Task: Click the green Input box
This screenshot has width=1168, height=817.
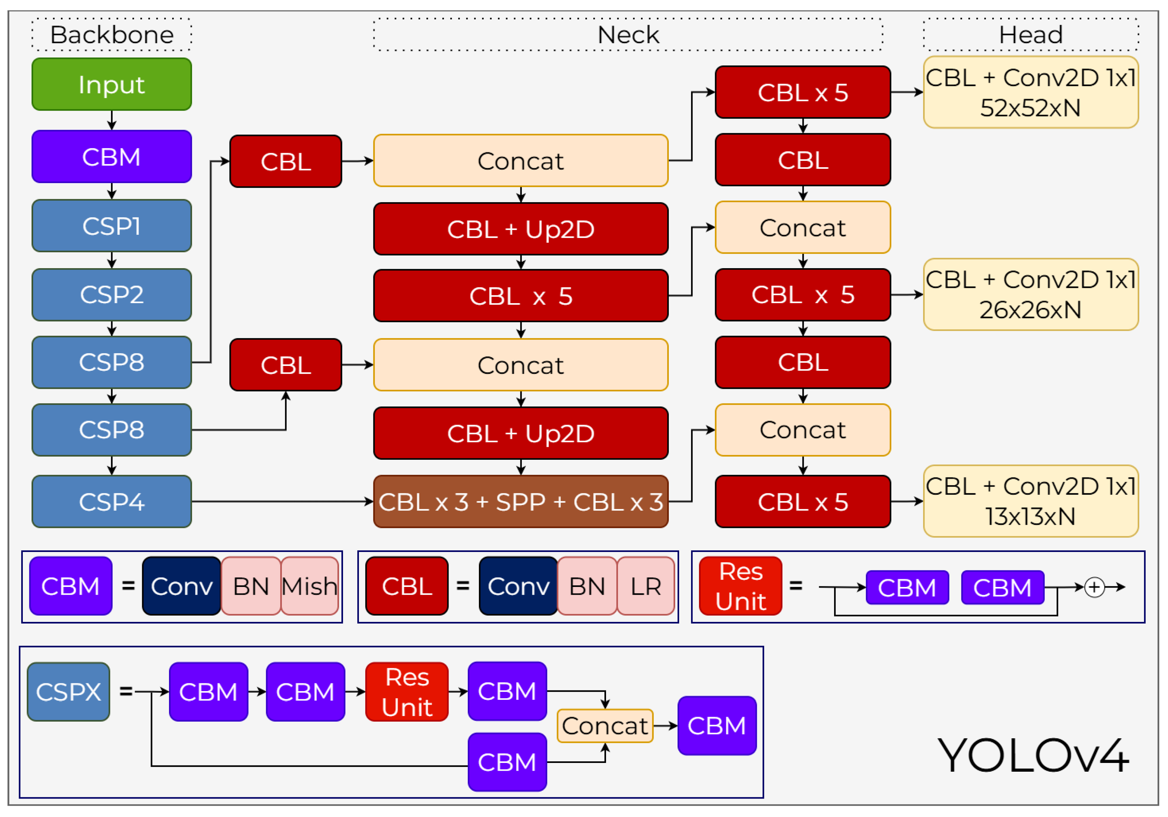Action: pyautogui.click(x=112, y=84)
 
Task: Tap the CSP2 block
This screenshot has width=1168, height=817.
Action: pyautogui.click(x=112, y=294)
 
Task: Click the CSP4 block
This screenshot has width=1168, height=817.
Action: pyautogui.click(x=112, y=501)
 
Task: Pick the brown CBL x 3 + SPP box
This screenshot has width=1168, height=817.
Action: pyautogui.click(x=520, y=501)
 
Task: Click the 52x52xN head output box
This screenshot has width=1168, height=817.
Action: pyautogui.click(x=1030, y=92)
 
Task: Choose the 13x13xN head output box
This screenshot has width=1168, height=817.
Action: pyautogui.click(x=1030, y=501)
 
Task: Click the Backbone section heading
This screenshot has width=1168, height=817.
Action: pyautogui.click(x=112, y=35)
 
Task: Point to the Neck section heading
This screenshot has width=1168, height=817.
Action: pyautogui.click(x=628, y=35)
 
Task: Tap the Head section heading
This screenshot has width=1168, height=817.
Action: pyautogui.click(x=1030, y=35)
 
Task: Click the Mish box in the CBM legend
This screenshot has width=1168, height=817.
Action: pyautogui.click(x=309, y=586)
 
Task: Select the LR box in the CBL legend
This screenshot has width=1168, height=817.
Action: pyautogui.click(x=646, y=586)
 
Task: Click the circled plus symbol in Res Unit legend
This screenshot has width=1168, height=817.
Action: pyautogui.click(x=1094, y=587)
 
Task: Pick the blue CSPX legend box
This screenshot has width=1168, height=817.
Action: pyautogui.click(x=68, y=691)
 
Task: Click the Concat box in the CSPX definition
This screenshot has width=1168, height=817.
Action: pyautogui.click(x=604, y=725)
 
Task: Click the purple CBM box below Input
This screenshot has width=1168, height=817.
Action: pyautogui.click(x=112, y=156)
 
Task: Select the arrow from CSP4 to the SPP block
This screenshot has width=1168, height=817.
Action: pyautogui.click(x=282, y=501)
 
